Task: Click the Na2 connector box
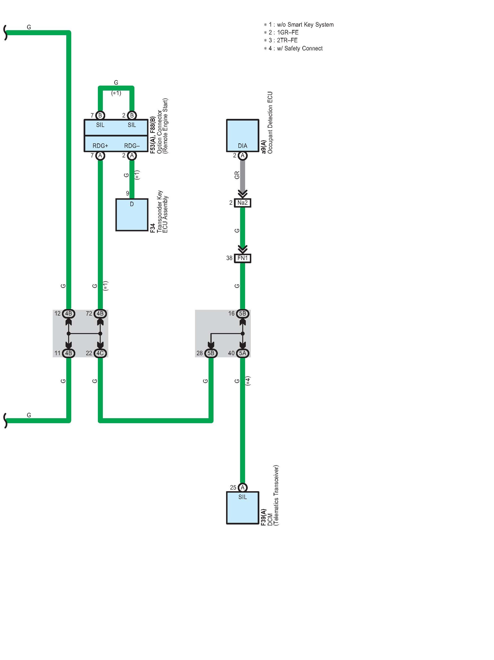coord(242,203)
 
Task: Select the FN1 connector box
coord(242,258)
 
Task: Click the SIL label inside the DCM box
coord(242,497)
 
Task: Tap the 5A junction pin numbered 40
coord(242,353)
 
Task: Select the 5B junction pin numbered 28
coord(211,353)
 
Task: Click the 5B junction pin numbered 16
coord(242,314)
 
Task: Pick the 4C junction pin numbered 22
coord(100,353)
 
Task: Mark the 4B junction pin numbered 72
coord(100,314)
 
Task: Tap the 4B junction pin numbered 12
coord(69,314)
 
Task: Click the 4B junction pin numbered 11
coord(69,353)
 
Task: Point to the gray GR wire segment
coord(243,176)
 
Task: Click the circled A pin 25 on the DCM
coord(243,488)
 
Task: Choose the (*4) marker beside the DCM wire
coord(248,381)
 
